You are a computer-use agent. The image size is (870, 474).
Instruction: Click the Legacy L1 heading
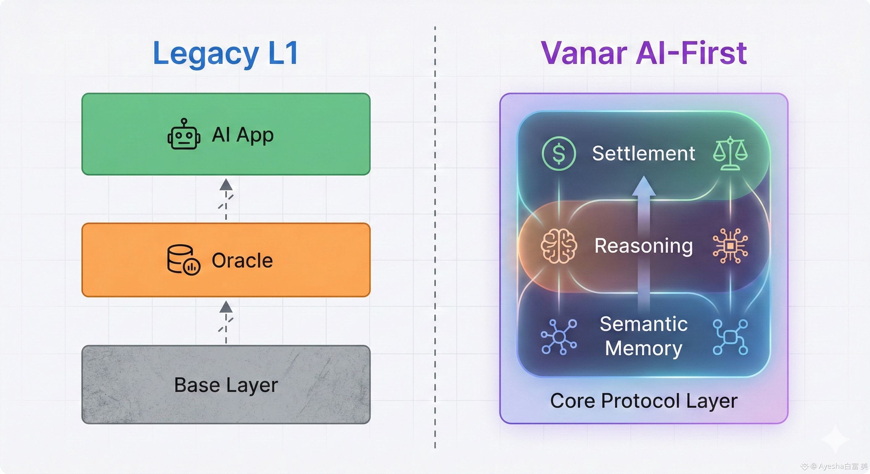[226, 53]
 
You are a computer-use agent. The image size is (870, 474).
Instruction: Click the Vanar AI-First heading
[644, 53]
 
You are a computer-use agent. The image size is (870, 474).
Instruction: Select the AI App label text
[243, 135]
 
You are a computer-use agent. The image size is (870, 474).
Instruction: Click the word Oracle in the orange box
[242, 260]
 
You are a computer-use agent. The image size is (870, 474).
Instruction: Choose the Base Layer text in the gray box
[226, 385]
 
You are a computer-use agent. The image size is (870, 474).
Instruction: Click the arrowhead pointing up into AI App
[226, 185]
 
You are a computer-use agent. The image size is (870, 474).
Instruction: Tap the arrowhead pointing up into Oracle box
[226, 307]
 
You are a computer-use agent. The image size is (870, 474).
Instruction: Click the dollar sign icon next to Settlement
[559, 153]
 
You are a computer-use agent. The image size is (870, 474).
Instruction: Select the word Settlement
[643, 153]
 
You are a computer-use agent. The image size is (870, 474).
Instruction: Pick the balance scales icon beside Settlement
[730, 153]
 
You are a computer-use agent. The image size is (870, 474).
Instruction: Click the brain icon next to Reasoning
[559, 246]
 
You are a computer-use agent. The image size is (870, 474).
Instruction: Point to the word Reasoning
[643, 246]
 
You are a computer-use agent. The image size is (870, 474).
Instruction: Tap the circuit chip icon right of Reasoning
[730, 246]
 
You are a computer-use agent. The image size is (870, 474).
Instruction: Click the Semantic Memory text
[643, 336]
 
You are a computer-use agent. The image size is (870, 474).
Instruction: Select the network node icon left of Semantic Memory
[559, 337]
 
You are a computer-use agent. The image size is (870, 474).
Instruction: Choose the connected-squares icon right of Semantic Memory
[730, 337]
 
